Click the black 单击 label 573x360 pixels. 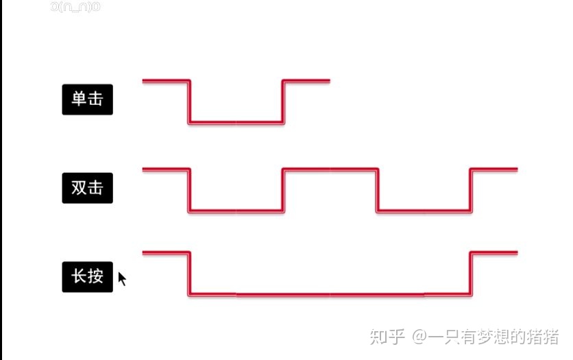(x=87, y=99)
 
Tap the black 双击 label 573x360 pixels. (x=87, y=187)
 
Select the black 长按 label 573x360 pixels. (x=87, y=276)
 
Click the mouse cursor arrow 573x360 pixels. (x=122, y=278)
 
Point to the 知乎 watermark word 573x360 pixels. (x=385, y=337)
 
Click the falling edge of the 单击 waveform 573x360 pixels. (x=189, y=102)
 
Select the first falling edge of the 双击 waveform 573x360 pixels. (x=189, y=189)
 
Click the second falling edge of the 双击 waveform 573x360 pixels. (x=377, y=189)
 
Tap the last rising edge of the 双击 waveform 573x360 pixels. (x=470, y=189)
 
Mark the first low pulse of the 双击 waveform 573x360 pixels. (x=236, y=211)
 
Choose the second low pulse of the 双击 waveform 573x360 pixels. (x=424, y=211)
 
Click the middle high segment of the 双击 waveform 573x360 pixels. (x=330, y=169)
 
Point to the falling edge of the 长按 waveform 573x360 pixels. (x=189, y=274)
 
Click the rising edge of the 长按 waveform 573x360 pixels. (x=470, y=274)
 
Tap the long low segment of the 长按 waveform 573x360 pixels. (x=330, y=296)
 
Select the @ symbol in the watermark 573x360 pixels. (x=419, y=337)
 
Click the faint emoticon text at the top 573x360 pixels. (x=75, y=7)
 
